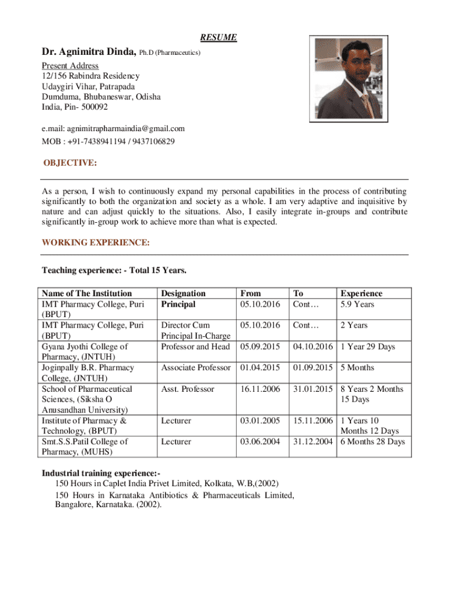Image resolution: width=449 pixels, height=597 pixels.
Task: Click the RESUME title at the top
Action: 219,37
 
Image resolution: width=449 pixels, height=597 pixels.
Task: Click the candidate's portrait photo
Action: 348,80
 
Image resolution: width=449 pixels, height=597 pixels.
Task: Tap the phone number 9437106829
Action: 154,142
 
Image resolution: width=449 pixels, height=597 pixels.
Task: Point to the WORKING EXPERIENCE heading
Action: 96,242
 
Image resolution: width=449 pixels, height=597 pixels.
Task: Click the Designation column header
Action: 183,293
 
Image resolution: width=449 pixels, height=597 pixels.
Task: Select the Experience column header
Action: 362,293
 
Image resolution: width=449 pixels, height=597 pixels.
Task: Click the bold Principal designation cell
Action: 178,304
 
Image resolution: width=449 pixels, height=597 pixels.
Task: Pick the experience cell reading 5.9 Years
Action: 357,304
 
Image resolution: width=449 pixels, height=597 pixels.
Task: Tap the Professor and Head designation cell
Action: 196,347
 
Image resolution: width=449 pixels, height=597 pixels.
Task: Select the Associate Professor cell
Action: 197,368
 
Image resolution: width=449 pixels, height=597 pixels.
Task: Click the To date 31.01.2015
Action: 313,389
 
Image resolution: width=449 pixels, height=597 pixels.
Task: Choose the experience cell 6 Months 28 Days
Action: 373,441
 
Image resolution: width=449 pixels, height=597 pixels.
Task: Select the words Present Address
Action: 70,65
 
